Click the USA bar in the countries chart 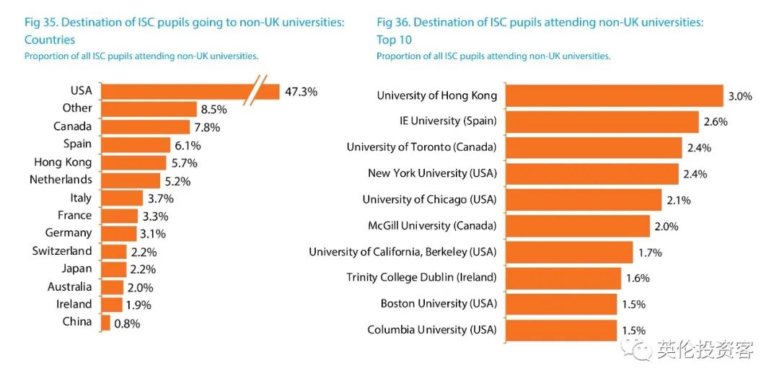(x=173, y=91)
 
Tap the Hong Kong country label (x=63, y=162)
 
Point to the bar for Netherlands (x=131, y=180)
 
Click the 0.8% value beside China (x=127, y=323)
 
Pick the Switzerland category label (x=62, y=250)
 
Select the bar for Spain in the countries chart (x=136, y=144)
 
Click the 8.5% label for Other (x=214, y=110)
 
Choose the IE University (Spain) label (x=448, y=121)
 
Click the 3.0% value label (x=740, y=96)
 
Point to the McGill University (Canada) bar (x=578, y=226)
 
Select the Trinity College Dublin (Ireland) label (x=421, y=277)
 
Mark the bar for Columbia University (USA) (x=561, y=330)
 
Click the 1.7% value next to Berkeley (x=649, y=252)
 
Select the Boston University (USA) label (x=439, y=303)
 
